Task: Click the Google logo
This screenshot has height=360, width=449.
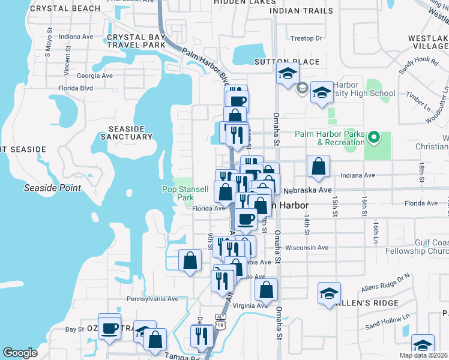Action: pos(20,353)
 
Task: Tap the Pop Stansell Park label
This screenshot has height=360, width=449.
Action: pos(185,193)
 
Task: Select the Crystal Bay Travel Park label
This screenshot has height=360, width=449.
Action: pos(135,41)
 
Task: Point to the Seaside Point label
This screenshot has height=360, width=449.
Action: pos(52,188)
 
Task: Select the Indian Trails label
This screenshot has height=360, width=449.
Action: pos(301,11)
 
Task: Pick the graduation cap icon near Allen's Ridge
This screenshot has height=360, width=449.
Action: pos(329,293)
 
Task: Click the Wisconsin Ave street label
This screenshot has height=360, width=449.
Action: pos(307,247)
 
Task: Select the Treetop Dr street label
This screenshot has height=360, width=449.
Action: pos(306,38)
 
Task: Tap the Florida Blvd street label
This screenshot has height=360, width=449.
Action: pos(75,88)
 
